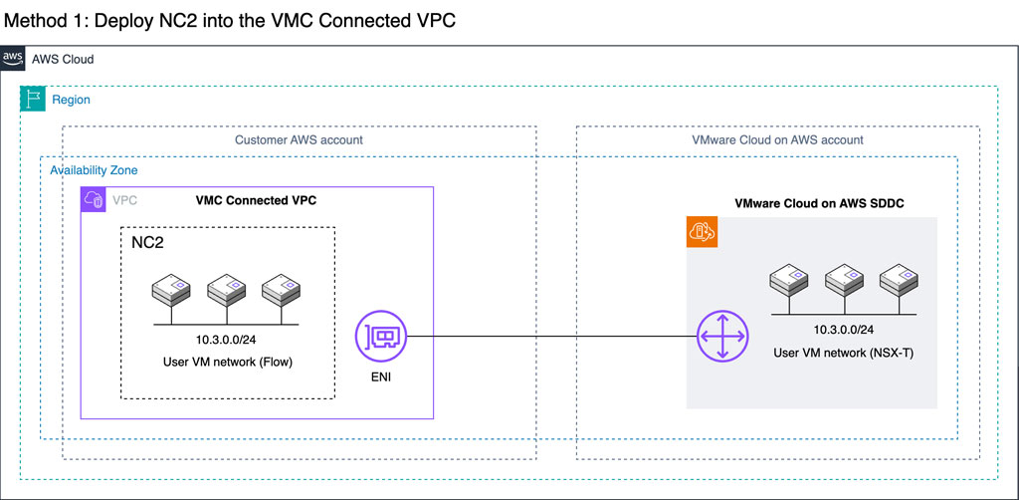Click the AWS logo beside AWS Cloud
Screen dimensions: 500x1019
click(x=13, y=59)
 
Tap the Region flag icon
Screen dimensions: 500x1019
click(x=33, y=99)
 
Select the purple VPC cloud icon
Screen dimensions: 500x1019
click(x=94, y=200)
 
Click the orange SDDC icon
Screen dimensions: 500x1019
click(x=702, y=231)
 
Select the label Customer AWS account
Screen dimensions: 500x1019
click(x=299, y=140)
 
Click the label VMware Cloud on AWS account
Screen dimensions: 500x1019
click(x=777, y=140)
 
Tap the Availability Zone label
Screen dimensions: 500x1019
click(x=94, y=170)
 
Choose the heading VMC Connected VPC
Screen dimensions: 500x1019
click(x=256, y=200)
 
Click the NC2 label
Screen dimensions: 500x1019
click(x=149, y=242)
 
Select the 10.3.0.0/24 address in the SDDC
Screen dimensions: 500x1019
click(x=842, y=330)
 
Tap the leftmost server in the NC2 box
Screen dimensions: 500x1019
click(x=170, y=292)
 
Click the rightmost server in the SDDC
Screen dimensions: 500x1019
click(x=897, y=283)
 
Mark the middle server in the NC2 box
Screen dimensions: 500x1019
click(x=225, y=292)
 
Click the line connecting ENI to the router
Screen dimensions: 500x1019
click(x=547, y=336)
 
